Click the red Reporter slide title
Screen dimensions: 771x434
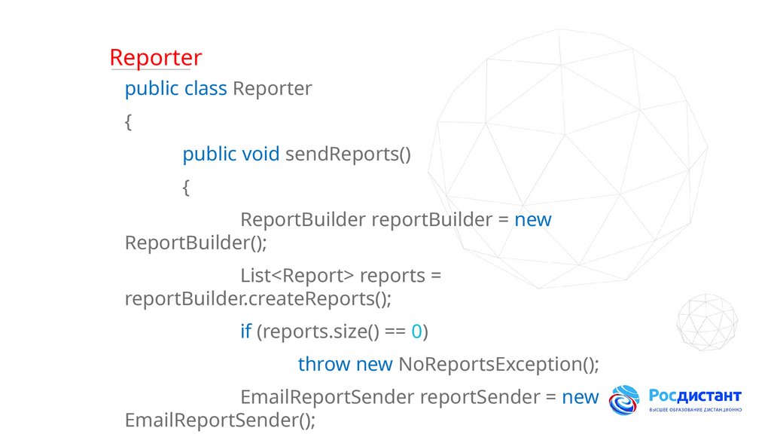click(155, 57)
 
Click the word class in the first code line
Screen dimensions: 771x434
click(206, 89)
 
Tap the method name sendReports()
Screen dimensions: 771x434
click(348, 154)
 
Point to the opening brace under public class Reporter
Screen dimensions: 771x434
click(128, 122)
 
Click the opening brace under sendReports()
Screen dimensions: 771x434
click(186, 188)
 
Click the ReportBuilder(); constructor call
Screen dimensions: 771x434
click(196, 243)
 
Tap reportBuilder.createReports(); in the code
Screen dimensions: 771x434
click(258, 298)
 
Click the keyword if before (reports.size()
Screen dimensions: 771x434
click(245, 332)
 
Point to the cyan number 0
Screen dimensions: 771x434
click(416, 332)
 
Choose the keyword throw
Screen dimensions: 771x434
click(324, 365)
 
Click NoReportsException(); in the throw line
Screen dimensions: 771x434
click(498, 365)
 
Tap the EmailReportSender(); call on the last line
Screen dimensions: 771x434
click(219, 420)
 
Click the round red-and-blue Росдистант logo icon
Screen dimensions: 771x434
click(624, 401)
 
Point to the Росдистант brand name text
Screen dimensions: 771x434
click(695, 396)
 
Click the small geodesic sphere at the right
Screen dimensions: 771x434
click(706, 322)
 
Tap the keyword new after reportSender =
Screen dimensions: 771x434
click(581, 397)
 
